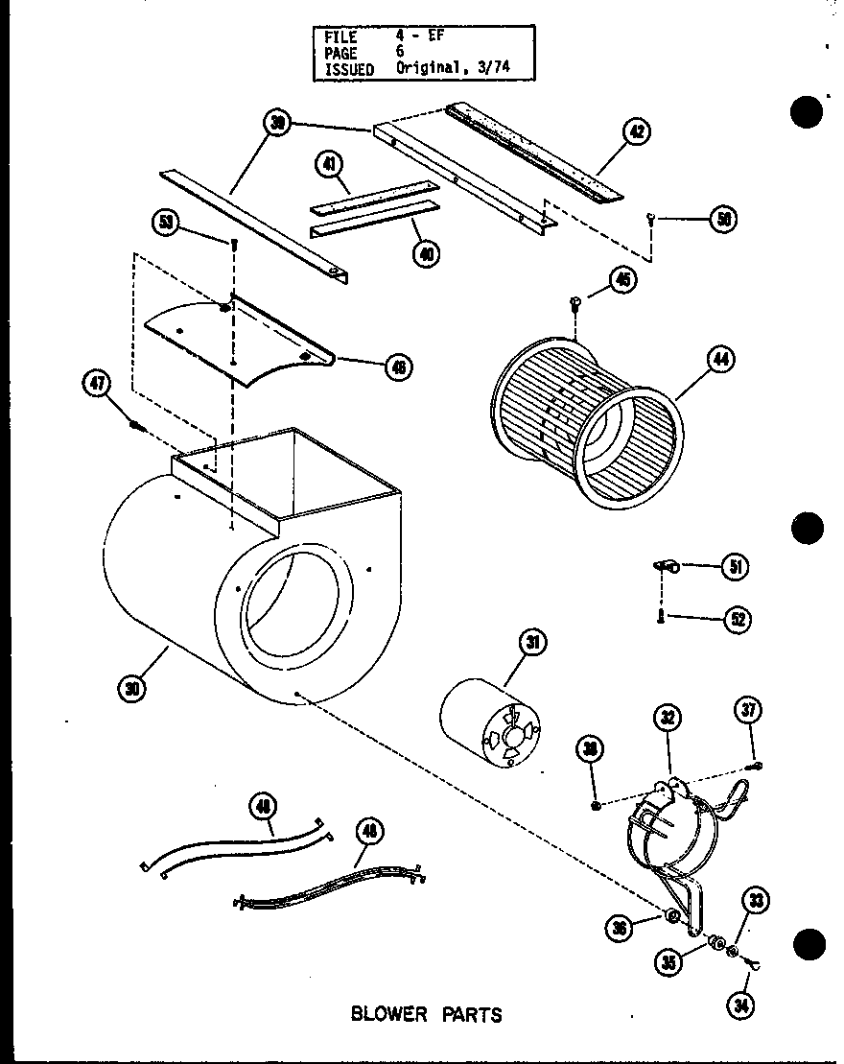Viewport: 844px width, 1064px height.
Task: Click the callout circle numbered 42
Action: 635,132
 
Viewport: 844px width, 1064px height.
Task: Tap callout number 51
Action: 735,567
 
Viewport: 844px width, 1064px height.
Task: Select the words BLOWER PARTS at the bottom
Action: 426,1014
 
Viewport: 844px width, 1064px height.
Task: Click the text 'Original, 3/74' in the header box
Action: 457,69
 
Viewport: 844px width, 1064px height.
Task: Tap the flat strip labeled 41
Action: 369,197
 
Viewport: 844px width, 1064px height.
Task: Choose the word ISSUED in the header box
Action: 349,69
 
